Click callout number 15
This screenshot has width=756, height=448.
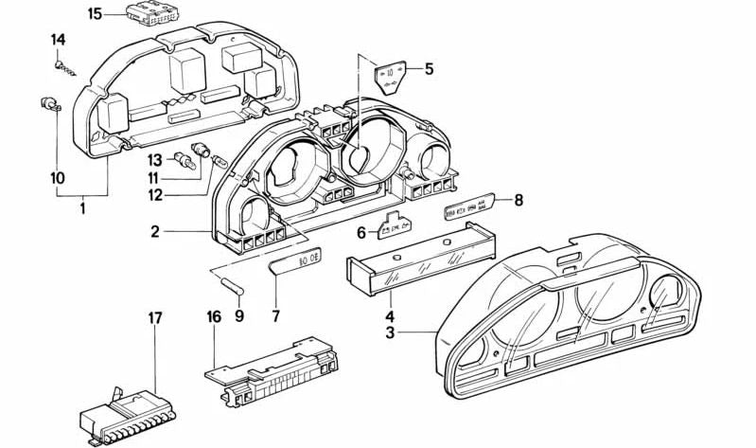[95, 13]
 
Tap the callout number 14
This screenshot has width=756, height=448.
[59, 40]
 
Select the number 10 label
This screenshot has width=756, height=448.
[58, 177]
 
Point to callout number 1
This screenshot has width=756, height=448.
[82, 208]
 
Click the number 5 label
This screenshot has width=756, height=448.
[429, 69]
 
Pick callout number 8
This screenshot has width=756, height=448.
[518, 200]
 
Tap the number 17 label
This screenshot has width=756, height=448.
[154, 317]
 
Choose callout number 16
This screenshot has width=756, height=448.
[214, 317]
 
